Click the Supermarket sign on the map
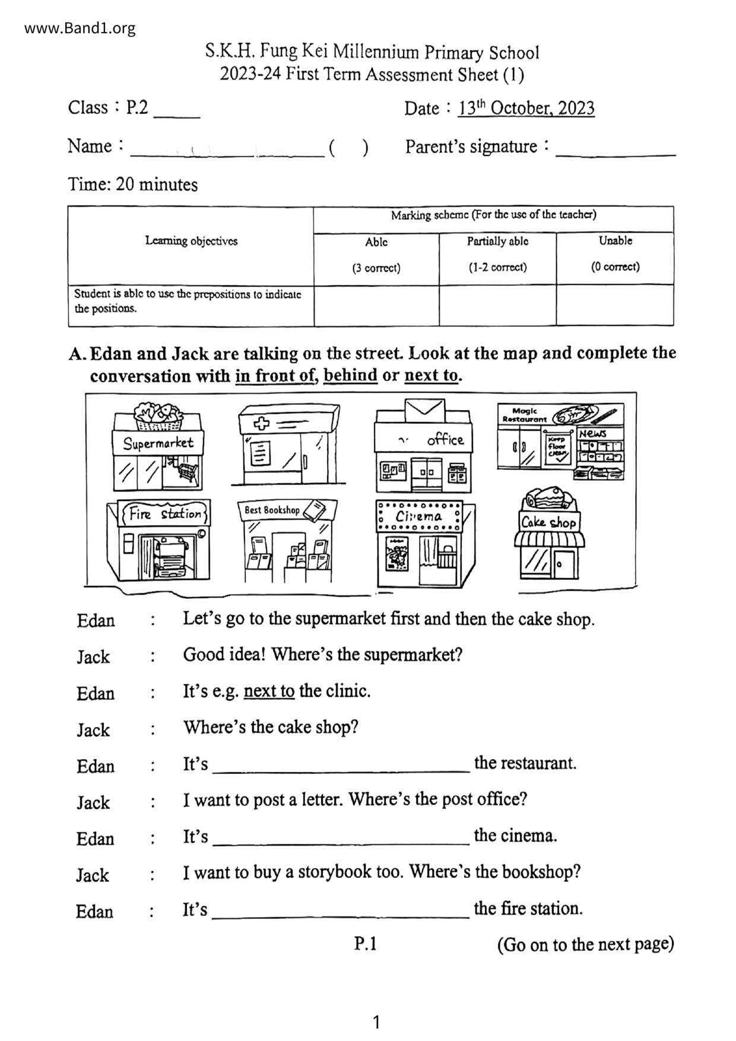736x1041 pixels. pos(158,443)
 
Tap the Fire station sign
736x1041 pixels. pos(164,513)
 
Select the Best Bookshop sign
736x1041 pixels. pos(272,510)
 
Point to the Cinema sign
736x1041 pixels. pos(418,516)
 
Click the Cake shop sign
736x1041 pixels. pos(548,522)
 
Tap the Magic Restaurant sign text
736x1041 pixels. pos(524,414)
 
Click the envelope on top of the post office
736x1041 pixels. pos(424,410)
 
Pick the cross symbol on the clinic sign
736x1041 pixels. pos(261,424)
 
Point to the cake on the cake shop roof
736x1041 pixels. pos(548,497)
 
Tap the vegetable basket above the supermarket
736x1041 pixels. pos(158,415)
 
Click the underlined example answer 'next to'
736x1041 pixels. pos(269,691)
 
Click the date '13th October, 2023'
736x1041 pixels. pos(526,108)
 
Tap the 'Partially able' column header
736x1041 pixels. pos(497,242)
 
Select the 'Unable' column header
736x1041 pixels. pos(615,241)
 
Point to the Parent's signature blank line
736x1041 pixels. pos(616,153)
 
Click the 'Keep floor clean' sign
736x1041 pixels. pos(557,447)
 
